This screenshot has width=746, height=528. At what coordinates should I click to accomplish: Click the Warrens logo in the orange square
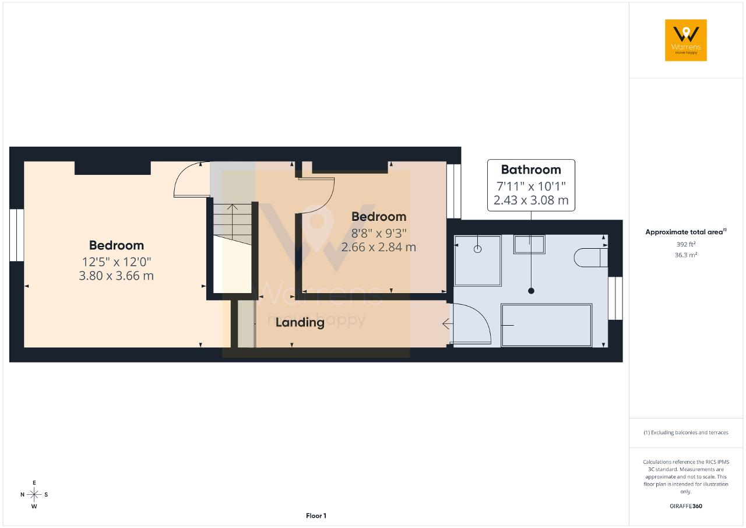click(686, 40)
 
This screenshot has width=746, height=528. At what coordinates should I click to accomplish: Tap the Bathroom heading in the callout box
click(531, 170)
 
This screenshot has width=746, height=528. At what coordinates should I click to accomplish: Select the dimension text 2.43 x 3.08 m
click(531, 200)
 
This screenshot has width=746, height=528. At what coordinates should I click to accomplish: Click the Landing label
click(300, 322)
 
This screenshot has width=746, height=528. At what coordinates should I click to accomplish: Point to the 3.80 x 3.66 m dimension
click(116, 276)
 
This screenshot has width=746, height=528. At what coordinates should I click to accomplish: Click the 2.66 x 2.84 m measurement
click(379, 247)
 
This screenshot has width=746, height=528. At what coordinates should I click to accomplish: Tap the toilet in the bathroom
click(591, 258)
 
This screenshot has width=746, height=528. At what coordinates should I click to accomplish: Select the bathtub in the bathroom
click(547, 325)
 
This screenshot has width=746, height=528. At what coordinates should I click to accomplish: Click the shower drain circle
click(477, 249)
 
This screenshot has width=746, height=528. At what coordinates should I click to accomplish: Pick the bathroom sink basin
click(529, 244)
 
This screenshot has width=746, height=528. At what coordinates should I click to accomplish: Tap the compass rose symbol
click(34, 495)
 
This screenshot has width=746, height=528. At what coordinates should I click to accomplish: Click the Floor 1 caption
click(316, 516)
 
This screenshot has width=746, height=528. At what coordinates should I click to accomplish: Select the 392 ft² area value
click(686, 244)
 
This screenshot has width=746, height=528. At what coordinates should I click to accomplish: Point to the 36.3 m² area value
click(686, 255)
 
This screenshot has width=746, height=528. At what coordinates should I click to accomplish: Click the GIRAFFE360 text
click(686, 506)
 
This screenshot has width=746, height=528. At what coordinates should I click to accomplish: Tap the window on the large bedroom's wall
click(17, 235)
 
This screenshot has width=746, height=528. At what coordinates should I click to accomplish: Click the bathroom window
click(615, 298)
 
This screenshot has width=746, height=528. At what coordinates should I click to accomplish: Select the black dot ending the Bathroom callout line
click(531, 291)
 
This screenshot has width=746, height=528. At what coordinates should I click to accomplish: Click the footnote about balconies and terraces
click(686, 432)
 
